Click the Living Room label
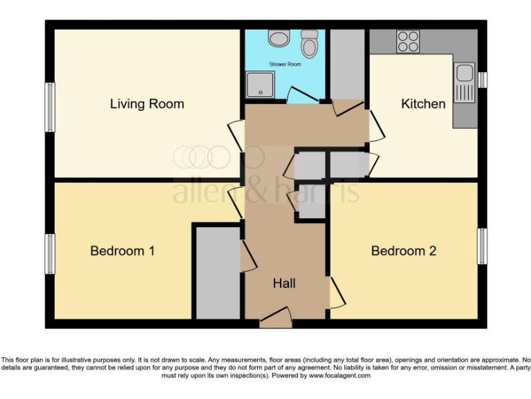pos(147,104)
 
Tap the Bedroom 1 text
pos(122,251)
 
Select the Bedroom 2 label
pos(404,251)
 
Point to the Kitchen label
pos(423,104)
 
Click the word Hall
pos(284,283)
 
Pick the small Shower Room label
pos(285,64)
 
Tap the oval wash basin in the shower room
pos(279,39)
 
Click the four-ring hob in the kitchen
pos(407,42)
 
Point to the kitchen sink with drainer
pos(465,82)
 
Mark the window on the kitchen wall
pos(483,80)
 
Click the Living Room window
pos(50,107)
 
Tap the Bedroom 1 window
pos(50,254)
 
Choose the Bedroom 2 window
pos(483,246)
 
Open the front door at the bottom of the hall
pos(276,320)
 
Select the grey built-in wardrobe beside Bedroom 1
pos(217,272)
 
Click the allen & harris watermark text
pos(266,189)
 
